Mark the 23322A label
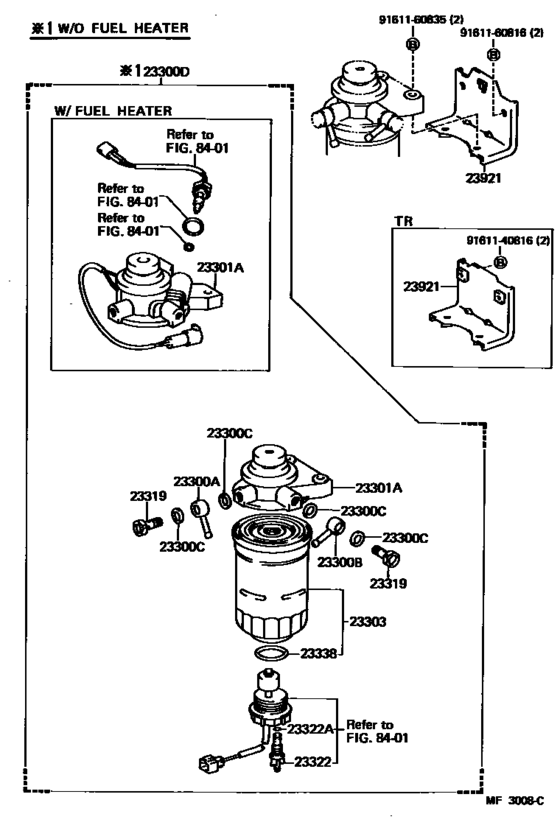point(313,729)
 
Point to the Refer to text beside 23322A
point(369,724)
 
